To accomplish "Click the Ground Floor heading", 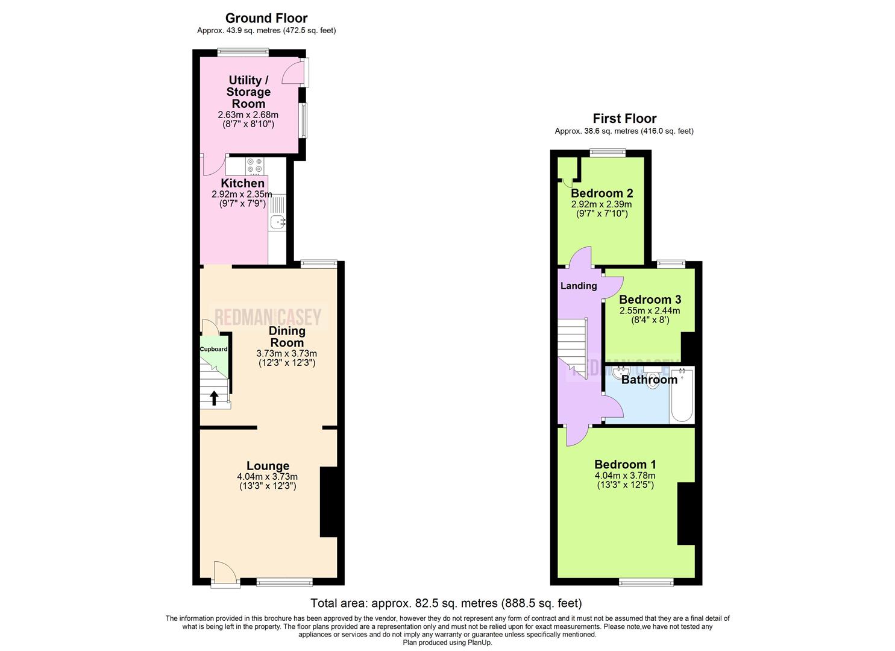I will tap(266, 18).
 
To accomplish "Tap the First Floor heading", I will tap(624, 119).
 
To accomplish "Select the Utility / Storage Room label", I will tap(248, 92).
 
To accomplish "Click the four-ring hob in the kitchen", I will tap(254, 165).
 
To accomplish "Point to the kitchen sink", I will tap(278, 222).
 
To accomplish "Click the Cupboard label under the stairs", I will tap(213, 349).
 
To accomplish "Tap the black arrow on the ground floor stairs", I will tap(214, 398).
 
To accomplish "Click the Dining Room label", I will tap(287, 336).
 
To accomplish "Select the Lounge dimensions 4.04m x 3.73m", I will tap(267, 476).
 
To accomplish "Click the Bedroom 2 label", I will tap(601, 193).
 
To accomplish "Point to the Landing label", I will tap(579, 286).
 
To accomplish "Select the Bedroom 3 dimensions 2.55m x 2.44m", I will tap(649, 310).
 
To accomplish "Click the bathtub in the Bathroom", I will tap(682, 395).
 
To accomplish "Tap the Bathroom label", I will tap(649, 380).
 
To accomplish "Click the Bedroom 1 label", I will tap(625, 464).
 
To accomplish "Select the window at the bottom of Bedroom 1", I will tap(646, 582).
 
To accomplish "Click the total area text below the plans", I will tap(446, 603).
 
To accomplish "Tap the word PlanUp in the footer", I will tap(480, 643).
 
